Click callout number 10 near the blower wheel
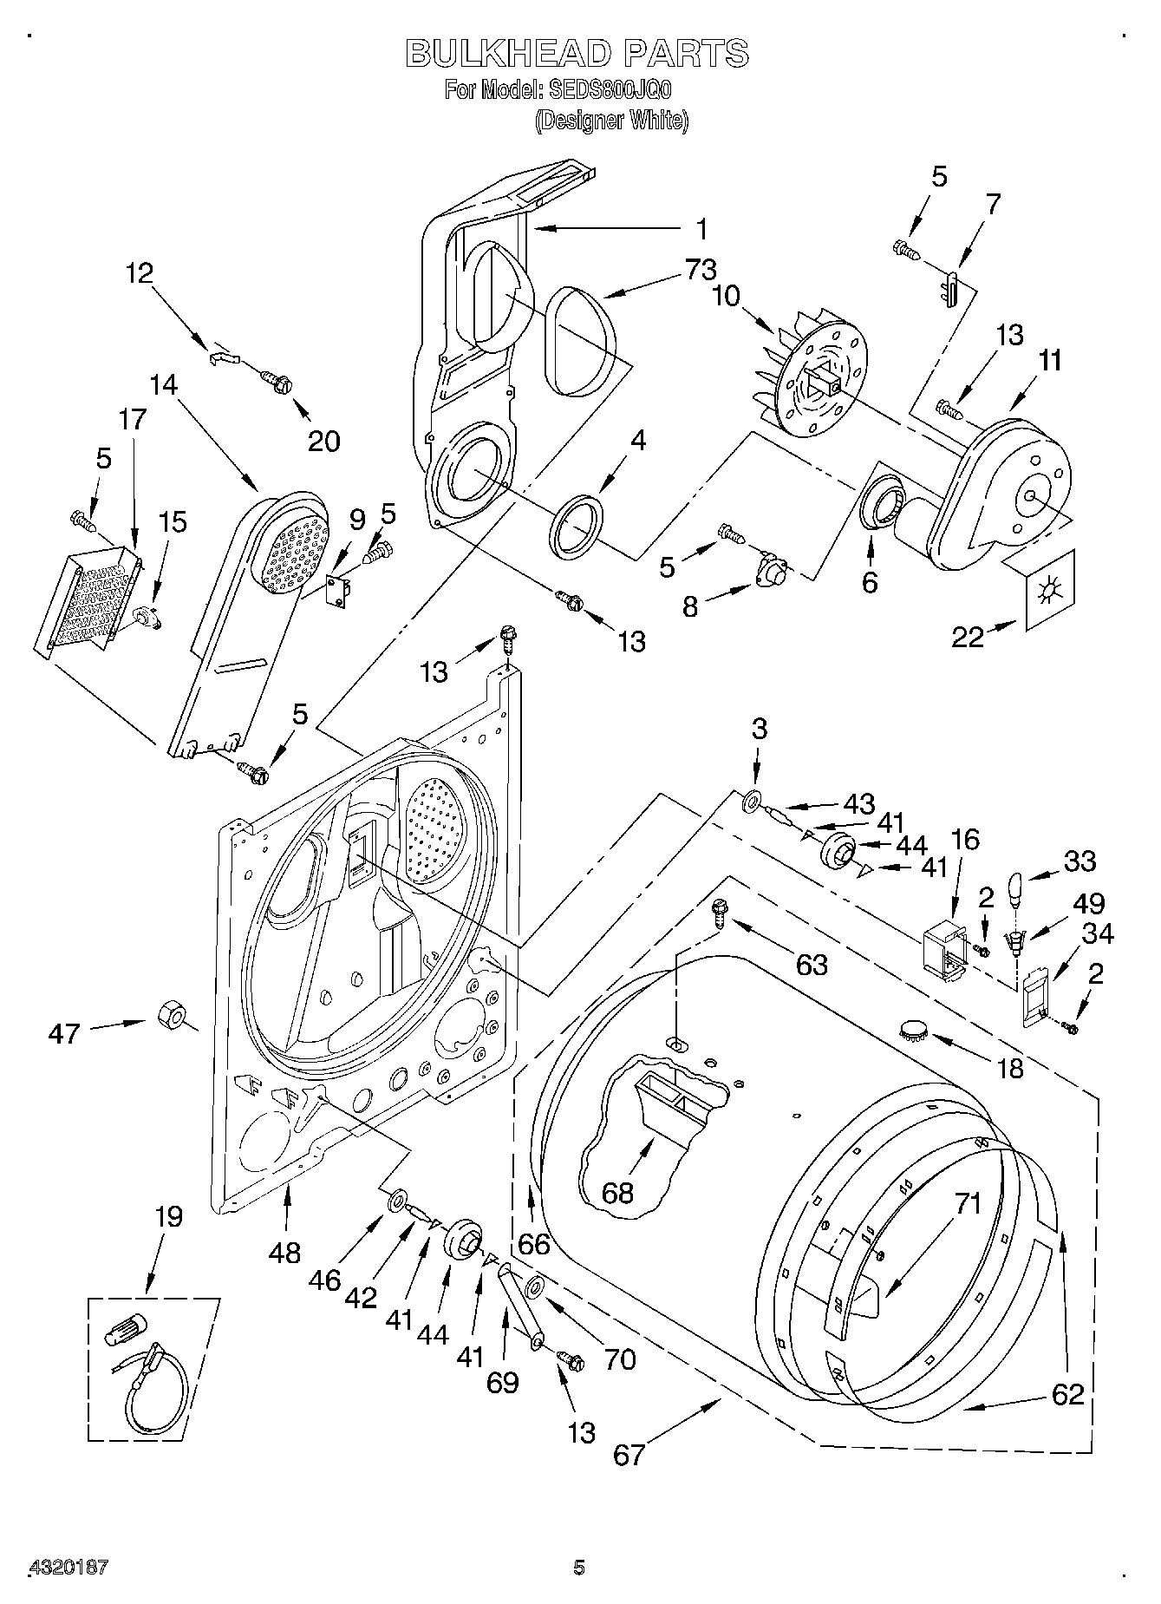pos(727,297)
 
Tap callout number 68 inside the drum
pos(617,1193)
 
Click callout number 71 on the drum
pos(968,1204)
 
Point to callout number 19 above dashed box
pos(168,1217)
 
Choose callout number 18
pos(1010,1068)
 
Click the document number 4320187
pos(68,1567)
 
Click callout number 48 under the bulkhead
pos(284,1253)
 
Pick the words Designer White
pos(611,121)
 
